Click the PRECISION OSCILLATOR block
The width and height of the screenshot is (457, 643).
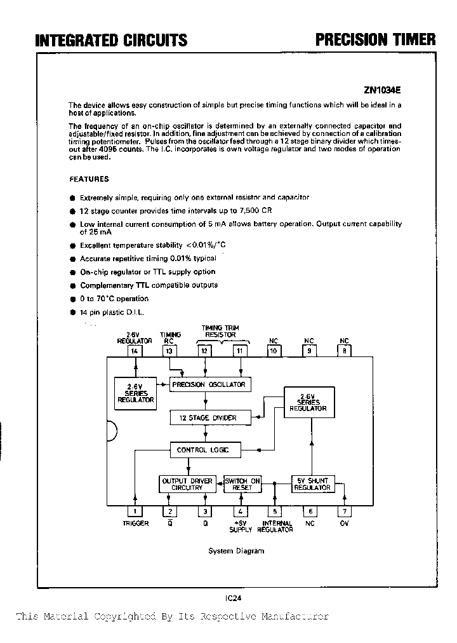[208, 384]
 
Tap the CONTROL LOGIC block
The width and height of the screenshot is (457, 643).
[201, 450]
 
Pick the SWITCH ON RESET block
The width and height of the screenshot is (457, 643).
[242, 484]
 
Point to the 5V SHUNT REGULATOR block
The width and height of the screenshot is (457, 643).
[312, 484]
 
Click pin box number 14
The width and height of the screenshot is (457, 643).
[135, 351]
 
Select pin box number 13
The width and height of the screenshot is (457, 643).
[169, 351]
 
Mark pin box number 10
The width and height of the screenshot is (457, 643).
[274, 351]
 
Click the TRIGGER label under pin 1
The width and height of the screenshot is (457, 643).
[136, 524]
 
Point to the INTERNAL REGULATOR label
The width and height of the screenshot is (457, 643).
[277, 527]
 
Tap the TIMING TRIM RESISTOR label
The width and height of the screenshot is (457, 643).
[220, 331]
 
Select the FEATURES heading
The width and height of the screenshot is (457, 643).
[89, 179]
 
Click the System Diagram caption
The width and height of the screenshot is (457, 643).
[236, 551]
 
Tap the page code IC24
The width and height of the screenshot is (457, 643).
[233, 597]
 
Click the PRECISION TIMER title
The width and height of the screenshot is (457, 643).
[376, 39]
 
